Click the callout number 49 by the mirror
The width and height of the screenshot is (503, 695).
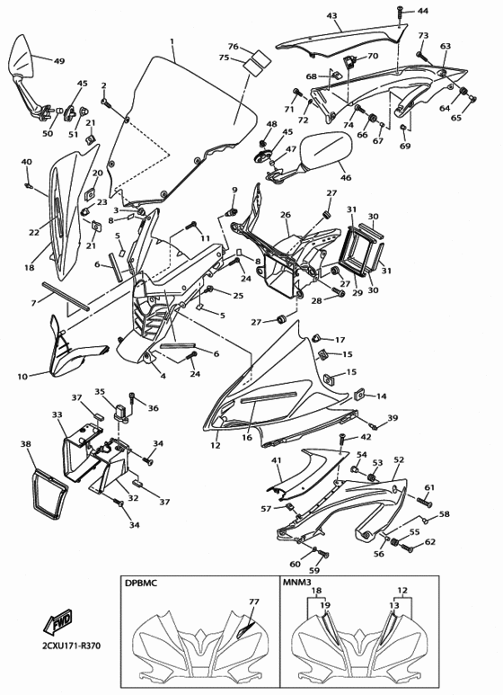tap(59, 61)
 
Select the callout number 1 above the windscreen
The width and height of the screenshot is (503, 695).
tap(172, 41)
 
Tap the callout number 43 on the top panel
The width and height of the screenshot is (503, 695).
tap(331, 16)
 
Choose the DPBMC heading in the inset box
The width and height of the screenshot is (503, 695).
tap(142, 584)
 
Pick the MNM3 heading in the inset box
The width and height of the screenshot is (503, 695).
tap(299, 584)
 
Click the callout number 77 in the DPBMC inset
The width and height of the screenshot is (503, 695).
tap(254, 601)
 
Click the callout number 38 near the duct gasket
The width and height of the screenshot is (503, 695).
tap(25, 444)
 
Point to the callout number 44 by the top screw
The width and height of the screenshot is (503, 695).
tap(423, 11)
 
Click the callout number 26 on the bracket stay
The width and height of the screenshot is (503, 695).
tap(286, 216)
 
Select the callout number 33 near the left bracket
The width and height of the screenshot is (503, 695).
tap(57, 415)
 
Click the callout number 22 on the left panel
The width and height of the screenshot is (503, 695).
tap(34, 232)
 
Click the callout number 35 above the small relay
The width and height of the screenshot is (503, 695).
tap(100, 392)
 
